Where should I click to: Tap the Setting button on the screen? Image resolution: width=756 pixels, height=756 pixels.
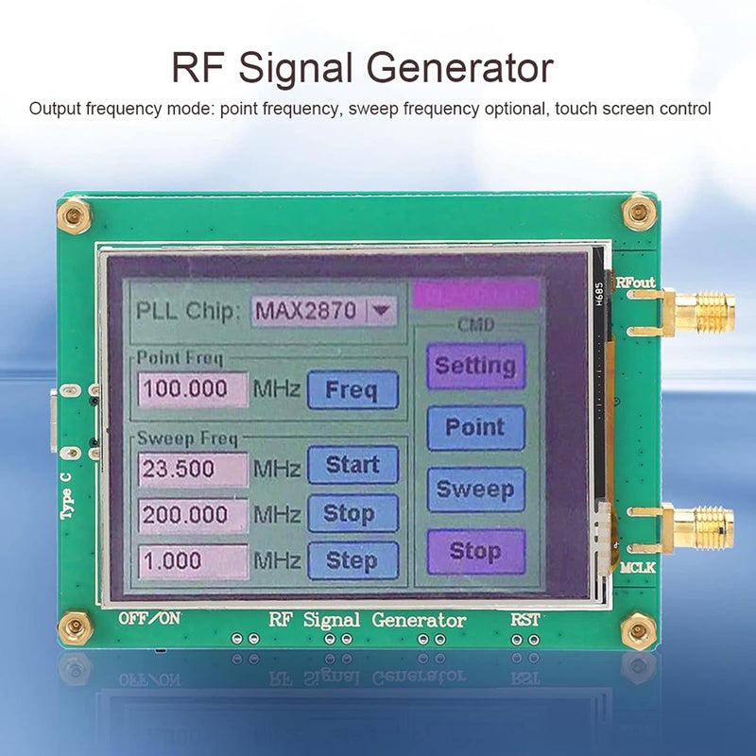[474, 366]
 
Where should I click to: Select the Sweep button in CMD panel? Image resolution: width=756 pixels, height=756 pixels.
[474, 490]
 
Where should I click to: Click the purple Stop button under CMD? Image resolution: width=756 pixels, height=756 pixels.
[474, 551]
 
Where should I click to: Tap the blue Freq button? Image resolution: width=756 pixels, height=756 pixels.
[352, 389]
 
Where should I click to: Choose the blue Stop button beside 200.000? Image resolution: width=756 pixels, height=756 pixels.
[352, 514]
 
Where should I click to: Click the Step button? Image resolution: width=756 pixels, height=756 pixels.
[352, 559]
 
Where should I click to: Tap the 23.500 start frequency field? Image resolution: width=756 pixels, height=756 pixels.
[193, 468]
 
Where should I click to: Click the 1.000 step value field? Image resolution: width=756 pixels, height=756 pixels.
[193, 560]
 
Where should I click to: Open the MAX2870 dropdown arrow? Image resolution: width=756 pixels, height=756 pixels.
[382, 309]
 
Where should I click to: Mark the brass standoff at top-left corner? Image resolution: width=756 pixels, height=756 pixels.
[73, 216]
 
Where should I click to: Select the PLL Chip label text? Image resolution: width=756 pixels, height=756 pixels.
[188, 310]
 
